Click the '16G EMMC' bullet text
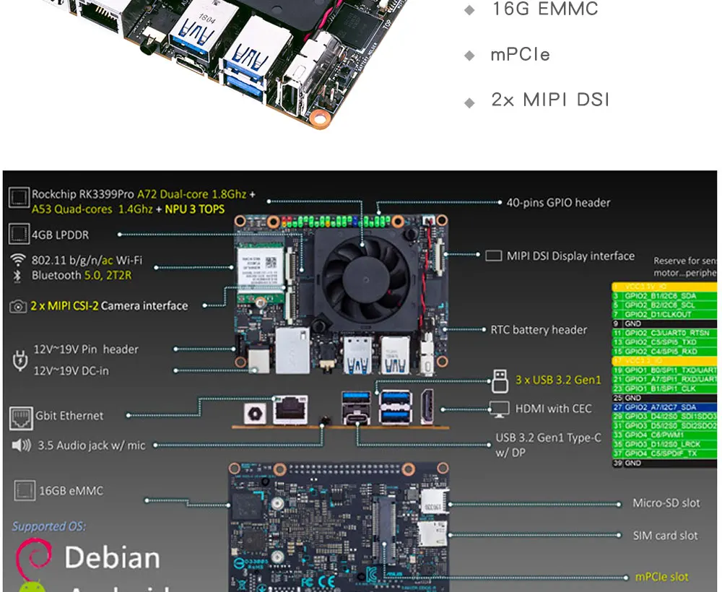pos(544,9)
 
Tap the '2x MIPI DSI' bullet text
pos(550,100)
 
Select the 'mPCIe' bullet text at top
pos(520,55)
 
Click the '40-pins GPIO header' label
pos(558,203)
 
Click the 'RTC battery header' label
pos(539,330)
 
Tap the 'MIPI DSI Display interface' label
pos(570,256)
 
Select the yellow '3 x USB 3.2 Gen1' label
pos(558,380)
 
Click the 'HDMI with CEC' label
pos(553,409)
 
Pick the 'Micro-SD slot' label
pos(666,503)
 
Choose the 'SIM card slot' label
pos(665,536)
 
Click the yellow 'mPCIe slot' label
pos(661,577)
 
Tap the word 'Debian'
pos(112,557)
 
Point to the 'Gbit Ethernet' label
pos(69,416)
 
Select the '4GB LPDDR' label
pos(61,235)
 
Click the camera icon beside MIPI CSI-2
pos(18,306)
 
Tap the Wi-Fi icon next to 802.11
pos(18,261)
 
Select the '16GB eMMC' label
pos(71,491)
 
